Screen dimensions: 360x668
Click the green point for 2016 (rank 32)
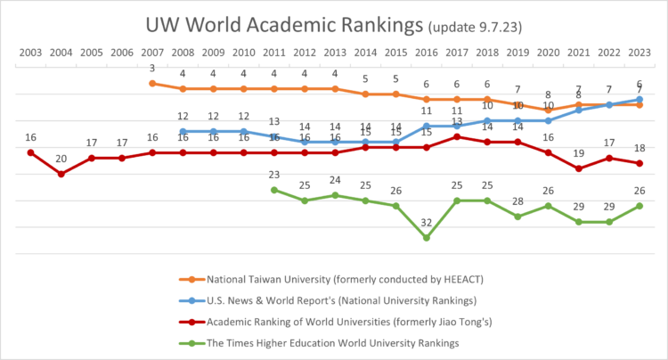coord(427,238)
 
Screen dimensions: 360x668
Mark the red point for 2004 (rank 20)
coord(61,174)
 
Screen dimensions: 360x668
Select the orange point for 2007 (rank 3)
coord(152,83)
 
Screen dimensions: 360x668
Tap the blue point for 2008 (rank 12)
coord(183,131)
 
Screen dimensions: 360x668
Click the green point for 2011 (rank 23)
coord(274,190)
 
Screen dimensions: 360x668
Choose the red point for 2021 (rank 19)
coord(579,168)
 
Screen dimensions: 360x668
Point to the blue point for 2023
coord(639,100)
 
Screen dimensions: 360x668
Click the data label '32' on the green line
coord(427,223)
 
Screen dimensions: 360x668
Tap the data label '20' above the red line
coord(61,160)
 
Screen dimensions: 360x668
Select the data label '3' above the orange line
coord(152,69)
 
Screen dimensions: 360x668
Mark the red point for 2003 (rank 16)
coord(30,152)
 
